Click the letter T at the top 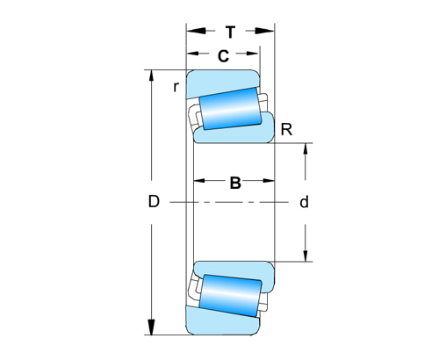click(230, 32)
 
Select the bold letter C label click(223, 56)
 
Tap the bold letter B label click(235, 183)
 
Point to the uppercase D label click(153, 202)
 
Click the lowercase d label click(304, 202)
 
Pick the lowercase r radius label click(176, 86)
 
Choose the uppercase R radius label click(286, 131)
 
